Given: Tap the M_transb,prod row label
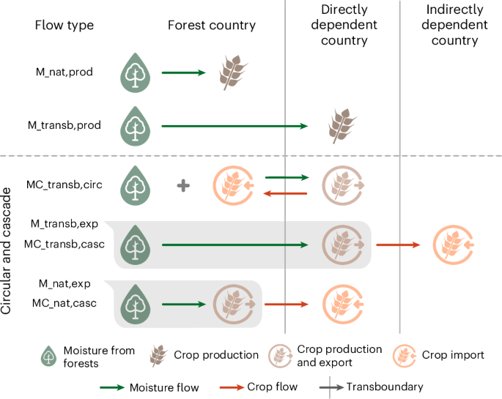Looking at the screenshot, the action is pyautogui.click(x=64, y=125).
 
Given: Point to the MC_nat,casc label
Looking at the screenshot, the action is pyautogui.click(x=64, y=302).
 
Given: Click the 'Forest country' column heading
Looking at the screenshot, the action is pyautogui.click(x=211, y=25).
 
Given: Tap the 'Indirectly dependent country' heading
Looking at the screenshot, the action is pyautogui.click(x=454, y=25).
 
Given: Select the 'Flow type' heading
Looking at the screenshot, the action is pyautogui.click(x=64, y=25).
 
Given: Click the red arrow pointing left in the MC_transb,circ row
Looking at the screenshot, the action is pyautogui.click(x=285, y=193).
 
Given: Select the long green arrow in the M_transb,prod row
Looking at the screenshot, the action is pyautogui.click(x=235, y=127).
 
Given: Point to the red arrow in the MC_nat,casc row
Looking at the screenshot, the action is pyautogui.click(x=286, y=304).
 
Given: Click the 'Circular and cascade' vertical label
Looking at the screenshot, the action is pyautogui.click(x=8, y=253).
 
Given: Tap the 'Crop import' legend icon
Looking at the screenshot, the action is pyautogui.click(x=405, y=355).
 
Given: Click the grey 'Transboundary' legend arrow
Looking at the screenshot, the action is pyautogui.click(x=330, y=386).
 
